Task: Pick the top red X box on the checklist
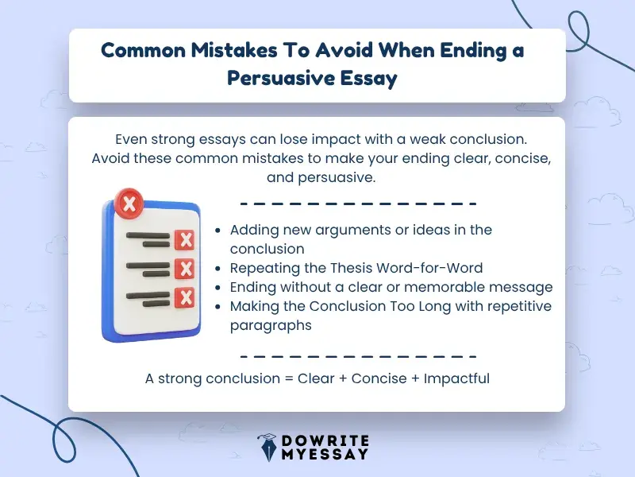(x=185, y=239)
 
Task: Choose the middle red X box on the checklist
(x=185, y=269)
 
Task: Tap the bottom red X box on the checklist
(x=185, y=297)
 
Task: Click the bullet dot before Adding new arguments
(x=218, y=231)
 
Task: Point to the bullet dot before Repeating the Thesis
(x=218, y=269)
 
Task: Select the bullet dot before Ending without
(x=218, y=288)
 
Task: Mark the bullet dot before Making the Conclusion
(x=218, y=307)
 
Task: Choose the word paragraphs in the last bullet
(x=271, y=325)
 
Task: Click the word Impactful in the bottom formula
(x=456, y=378)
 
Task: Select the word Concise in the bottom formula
(x=378, y=378)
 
